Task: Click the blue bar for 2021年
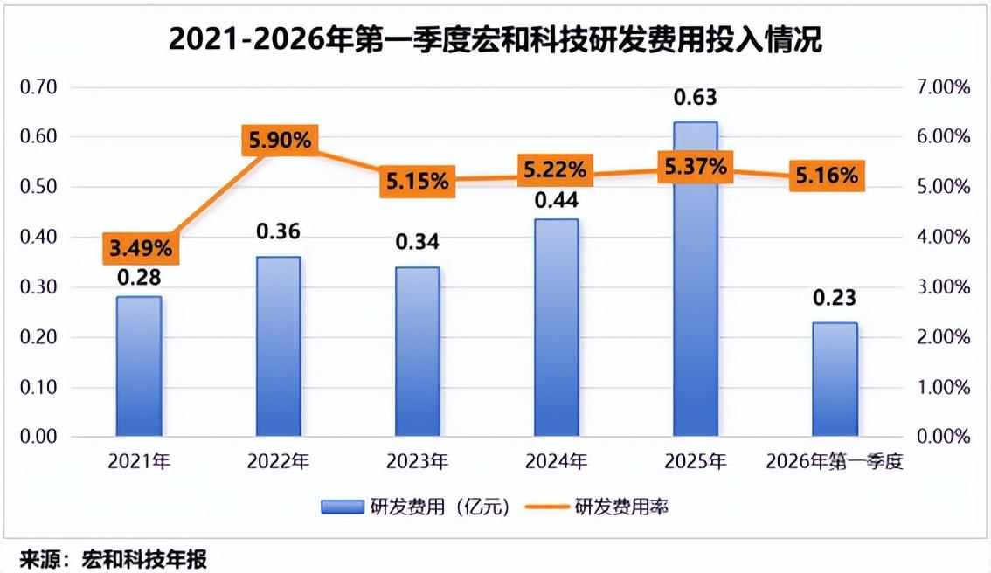click(139, 366)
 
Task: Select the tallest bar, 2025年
click(696, 279)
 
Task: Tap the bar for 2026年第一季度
click(835, 379)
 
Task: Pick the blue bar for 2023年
click(417, 351)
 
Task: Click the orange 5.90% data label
click(280, 141)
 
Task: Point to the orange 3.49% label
click(141, 248)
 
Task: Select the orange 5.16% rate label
click(827, 175)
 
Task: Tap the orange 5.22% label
click(556, 169)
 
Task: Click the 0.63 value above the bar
click(696, 97)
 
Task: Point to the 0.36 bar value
click(278, 231)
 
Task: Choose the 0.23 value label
click(835, 297)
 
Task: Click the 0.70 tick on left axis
click(38, 86)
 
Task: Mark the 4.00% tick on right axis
click(943, 237)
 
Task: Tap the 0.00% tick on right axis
click(943, 436)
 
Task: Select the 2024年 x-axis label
click(556, 462)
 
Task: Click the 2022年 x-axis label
click(278, 462)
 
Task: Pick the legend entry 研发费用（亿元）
click(414, 507)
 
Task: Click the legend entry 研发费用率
click(597, 507)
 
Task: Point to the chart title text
click(495, 39)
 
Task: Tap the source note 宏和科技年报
click(144, 559)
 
